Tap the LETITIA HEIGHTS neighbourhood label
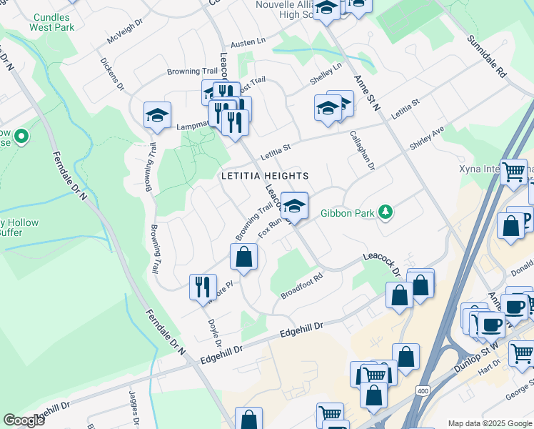coord(265,176)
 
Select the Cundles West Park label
coord(51,21)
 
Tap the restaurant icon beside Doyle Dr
coord(202,287)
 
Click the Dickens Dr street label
coord(112,74)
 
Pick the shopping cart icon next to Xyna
coord(513,172)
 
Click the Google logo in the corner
coord(24,420)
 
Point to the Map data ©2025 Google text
coord(489,423)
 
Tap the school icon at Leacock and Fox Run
coord(293,206)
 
